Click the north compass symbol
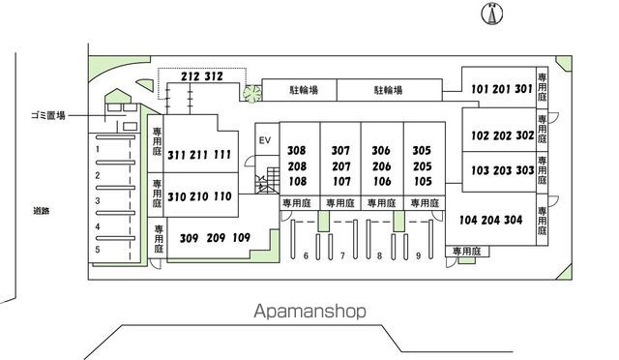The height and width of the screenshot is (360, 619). click(492, 14)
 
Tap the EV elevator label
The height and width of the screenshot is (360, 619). click(265, 140)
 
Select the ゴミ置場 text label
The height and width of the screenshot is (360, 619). click(48, 116)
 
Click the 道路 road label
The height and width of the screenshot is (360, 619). click(41, 211)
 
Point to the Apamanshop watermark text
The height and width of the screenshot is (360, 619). click(309, 311)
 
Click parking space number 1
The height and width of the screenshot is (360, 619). click(98, 149)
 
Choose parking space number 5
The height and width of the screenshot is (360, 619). click(98, 250)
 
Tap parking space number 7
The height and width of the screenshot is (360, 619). click(342, 256)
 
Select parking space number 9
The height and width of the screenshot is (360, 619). click(419, 256)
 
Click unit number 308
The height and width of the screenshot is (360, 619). click(297, 151)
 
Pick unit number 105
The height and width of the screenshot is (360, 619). click(423, 181)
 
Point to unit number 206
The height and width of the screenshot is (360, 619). click(382, 166)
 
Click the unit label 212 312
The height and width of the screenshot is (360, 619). click(202, 76)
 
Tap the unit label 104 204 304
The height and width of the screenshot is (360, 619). click(491, 220)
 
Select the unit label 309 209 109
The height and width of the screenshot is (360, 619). click(215, 238)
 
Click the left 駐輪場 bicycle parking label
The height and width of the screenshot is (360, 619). click(304, 90)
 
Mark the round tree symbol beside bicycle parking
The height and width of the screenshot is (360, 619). click(252, 94)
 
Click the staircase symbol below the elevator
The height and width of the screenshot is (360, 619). click(268, 181)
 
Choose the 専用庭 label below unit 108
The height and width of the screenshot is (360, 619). click(297, 203)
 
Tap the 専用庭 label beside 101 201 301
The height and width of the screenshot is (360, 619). click(542, 87)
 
